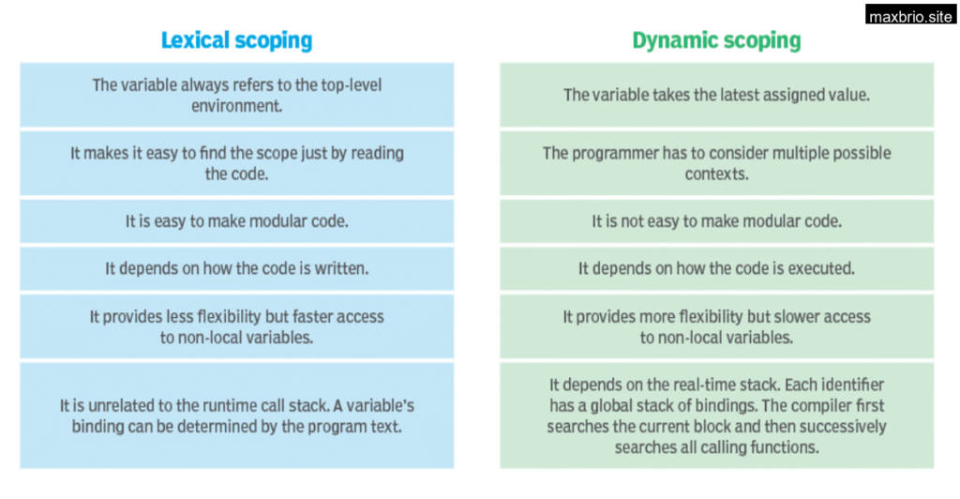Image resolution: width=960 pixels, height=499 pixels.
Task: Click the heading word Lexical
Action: (195, 40)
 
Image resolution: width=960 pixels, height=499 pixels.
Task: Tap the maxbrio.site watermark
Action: (910, 15)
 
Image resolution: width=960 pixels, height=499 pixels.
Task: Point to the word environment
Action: (236, 106)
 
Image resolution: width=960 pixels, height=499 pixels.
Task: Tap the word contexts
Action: (716, 174)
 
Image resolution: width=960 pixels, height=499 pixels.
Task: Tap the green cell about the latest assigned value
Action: (717, 95)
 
